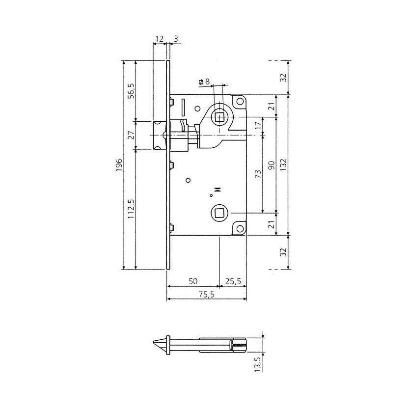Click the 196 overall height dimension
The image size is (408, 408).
tap(119, 164)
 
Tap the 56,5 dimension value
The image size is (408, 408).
tap(132, 90)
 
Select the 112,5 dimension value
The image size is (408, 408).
tap(131, 209)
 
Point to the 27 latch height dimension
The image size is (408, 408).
tap(132, 135)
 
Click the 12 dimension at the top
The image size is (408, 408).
tap(159, 39)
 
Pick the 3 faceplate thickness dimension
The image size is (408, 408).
tap(176, 39)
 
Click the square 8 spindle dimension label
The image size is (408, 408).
tap(204, 82)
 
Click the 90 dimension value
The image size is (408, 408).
tap(271, 165)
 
